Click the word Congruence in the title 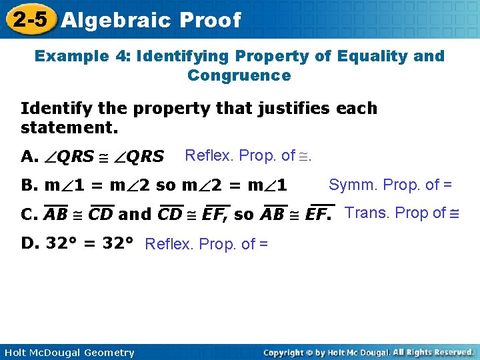[239, 75]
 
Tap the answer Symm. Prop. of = [390, 185]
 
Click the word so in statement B [164, 185]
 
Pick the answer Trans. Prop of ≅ [403, 213]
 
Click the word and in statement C [135, 215]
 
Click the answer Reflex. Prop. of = [206, 244]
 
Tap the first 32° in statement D [61, 243]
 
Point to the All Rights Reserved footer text [433, 352]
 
